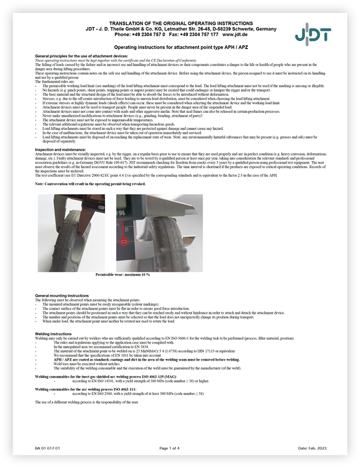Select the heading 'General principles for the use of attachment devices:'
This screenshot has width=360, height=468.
pyautogui.click(x=81, y=56)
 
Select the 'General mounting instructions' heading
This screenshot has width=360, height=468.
pyautogui.click(x=62, y=295)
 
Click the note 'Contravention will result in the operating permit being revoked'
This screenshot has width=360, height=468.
pyautogui.click(x=90, y=183)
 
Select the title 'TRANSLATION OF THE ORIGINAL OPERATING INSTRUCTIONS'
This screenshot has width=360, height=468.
pyautogui.click(x=181, y=23)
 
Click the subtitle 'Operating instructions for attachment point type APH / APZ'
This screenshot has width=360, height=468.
pyautogui.click(x=181, y=47)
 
